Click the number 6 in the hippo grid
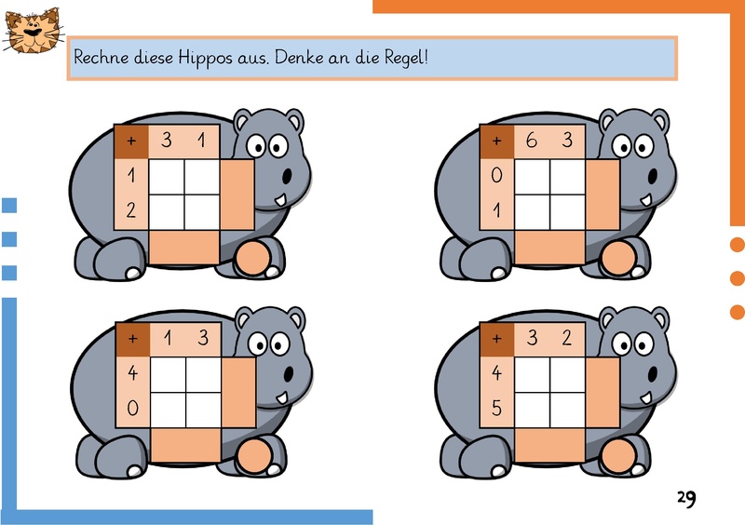pos(532,141)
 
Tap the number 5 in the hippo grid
pos(496,408)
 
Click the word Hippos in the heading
pos(205,59)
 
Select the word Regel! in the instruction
pos(406,59)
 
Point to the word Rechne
pos(102,58)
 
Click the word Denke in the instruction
pos(297,58)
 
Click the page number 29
pos(686,498)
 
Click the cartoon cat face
pos(34,31)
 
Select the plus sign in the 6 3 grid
pos(496,141)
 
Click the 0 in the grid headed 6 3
pos(496,175)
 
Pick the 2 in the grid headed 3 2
pos(567,338)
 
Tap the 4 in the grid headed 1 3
pos(132,373)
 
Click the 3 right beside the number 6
pos(567,141)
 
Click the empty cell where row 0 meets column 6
pos(532,177)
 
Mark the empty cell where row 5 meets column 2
pos(567,410)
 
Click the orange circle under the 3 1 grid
pos(252,259)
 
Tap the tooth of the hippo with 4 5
pos(646,398)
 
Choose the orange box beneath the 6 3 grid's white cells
pos(550,248)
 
